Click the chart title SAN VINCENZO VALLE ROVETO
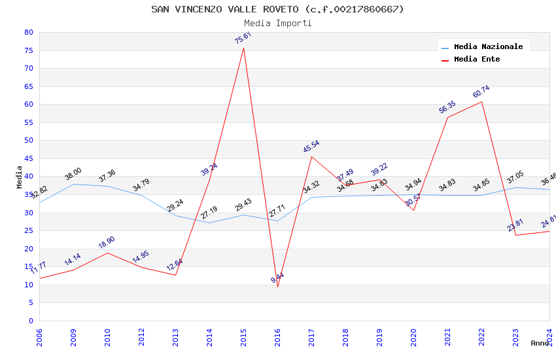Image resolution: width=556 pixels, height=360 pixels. point(277,9)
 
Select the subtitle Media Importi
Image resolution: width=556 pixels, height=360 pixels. point(277,23)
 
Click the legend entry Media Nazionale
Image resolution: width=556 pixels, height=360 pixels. point(488,46)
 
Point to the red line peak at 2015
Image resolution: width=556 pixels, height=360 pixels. point(243,48)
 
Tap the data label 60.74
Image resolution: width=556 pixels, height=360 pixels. point(481,92)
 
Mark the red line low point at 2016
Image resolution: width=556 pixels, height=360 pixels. point(277,287)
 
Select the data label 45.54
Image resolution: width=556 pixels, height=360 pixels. point(311,147)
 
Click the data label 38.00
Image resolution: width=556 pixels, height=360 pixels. point(73,174)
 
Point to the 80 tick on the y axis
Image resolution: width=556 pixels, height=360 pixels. point(28,32)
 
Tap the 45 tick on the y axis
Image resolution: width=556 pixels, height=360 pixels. point(28,158)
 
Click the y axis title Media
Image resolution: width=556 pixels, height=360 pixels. point(19,176)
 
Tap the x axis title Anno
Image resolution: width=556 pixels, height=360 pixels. point(540,343)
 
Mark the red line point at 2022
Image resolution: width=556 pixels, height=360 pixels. point(481,101)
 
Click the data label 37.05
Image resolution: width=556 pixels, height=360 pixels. point(515,177)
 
